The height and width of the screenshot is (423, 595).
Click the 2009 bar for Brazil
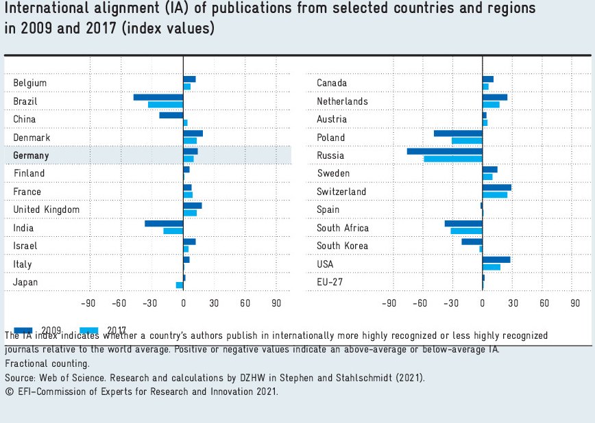(158, 98)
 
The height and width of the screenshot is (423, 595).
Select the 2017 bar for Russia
(453, 159)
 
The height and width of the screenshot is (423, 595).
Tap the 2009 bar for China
(171, 116)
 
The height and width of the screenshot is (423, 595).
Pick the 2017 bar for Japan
(180, 285)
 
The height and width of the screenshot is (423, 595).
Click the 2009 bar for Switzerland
(497, 188)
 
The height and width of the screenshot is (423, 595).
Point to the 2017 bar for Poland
(467, 141)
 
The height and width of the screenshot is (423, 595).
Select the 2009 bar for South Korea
(472, 242)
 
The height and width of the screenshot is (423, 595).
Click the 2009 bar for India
(164, 224)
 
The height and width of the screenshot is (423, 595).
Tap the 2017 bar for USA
(491, 267)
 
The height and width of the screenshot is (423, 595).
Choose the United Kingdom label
(47, 209)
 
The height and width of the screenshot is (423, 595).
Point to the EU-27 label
(330, 282)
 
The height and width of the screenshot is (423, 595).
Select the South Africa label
(343, 228)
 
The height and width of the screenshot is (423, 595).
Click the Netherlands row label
(342, 101)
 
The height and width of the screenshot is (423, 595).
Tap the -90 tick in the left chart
(88, 303)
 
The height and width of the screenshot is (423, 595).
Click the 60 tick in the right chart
(544, 303)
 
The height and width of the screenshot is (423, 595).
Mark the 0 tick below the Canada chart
(483, 303)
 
